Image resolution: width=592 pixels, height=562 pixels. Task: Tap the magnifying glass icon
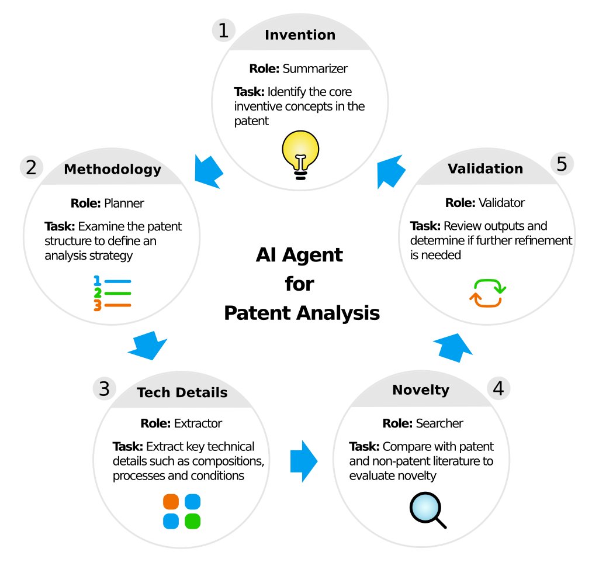click(x=428, y=509)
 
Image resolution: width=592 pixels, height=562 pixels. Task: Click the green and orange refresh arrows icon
click(x=487, y=293)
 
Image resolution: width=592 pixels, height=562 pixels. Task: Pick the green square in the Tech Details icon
click(x=193, y=520)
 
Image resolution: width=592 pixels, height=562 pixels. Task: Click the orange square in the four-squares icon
click(x=171, y=502)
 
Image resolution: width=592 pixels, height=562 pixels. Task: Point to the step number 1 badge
click(x=223, y=30)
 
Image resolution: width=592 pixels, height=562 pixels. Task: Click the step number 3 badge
click(x=104, y=388)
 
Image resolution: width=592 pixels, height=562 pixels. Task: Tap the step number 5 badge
click(x=562, y=164)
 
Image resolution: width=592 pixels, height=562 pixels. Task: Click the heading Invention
click(x=300, y=35)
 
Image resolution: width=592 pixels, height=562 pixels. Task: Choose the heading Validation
click(x=485, y=169)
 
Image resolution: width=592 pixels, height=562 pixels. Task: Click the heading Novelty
click(x=421, y=390)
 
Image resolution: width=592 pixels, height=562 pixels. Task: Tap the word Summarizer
click(x=315, y=68)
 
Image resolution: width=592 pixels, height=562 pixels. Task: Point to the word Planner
click(x=124, y=204)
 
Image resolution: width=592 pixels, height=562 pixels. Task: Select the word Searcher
click(x=438, y=423)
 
